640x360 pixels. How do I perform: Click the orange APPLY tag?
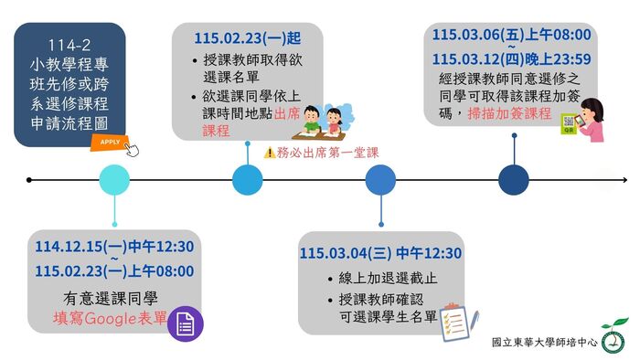coord(109,143)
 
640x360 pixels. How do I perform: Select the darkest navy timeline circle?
coord(514,180)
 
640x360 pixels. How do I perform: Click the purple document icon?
coord(185,323)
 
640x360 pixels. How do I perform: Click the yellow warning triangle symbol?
coord(269,154)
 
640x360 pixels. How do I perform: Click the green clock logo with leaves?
coord(613,337)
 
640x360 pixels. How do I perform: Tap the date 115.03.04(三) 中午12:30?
coord(381,254)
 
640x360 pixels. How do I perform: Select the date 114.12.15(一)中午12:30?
coord(114,248)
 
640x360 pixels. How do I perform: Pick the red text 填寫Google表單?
coord(110,320)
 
